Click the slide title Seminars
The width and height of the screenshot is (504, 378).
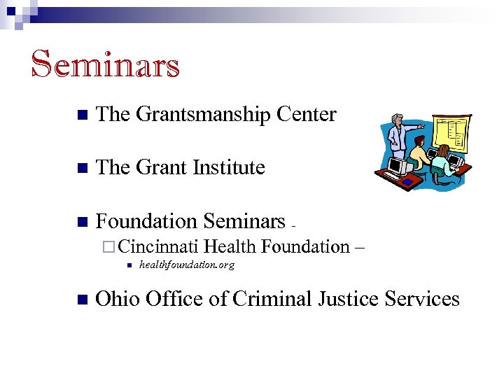(106, 64)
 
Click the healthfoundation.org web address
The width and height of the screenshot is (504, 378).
(187, 265)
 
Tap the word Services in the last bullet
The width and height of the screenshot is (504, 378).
(424, 299)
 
